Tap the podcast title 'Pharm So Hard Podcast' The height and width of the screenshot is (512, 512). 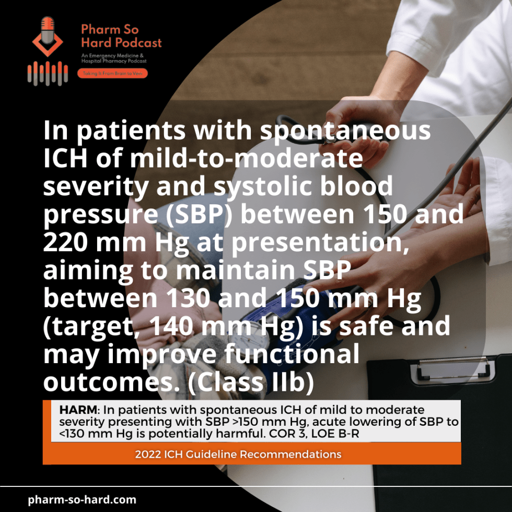click(x=121, y=36)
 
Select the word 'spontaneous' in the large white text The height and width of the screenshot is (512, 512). click(x=346, y=131)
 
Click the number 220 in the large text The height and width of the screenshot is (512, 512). click(x=68, y=243)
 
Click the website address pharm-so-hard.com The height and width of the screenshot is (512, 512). click(x=82, y=499)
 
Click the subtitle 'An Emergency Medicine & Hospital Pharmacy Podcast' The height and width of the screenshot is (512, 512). click(x=113, y=58)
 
